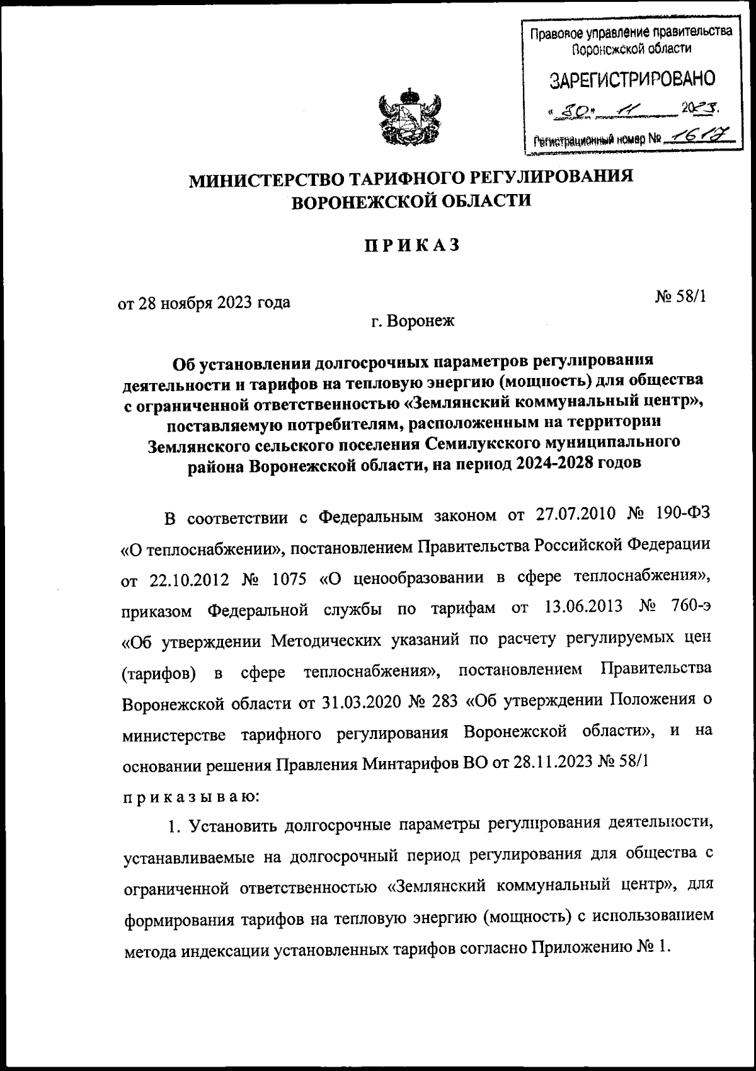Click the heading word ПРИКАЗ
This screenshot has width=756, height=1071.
click(x=410, y=245)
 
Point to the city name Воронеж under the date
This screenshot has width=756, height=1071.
click(x=423, y=322)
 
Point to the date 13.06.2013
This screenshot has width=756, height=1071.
click(x=581, y=608)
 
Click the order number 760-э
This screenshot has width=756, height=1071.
click(x=688, y=608)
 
